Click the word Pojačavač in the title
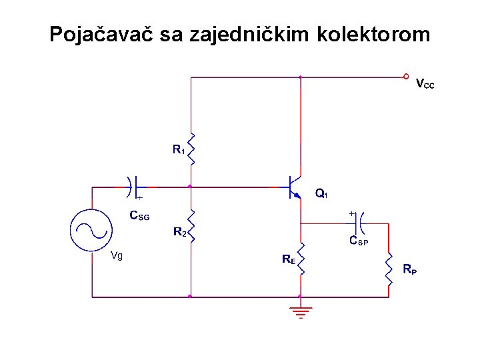pyautogui.click(x=101, y=34)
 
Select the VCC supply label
pyautogui.click(x=425, y=85)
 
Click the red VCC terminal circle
pyautogui.click(x=406, y=77)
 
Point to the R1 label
pyautogui.click(x=178, y=150)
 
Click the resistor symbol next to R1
pyautogui.click(x=191, y=149)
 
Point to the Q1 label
pyautogui.click(x=321, y=194)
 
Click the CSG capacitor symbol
pyautogui.click(x=133, y=186)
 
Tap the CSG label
pyautogui.click(x=139, y=216)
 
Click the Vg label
pyautogui.click(x=117, y=256)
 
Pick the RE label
pyautogui.click(x=289, y=259)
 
